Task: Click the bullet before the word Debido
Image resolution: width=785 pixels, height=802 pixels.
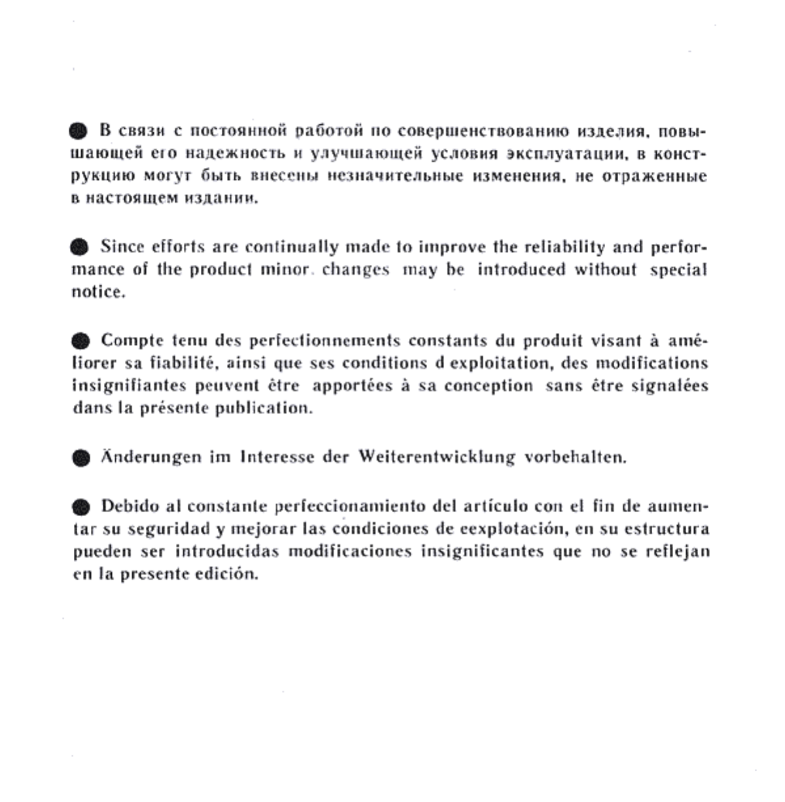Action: pyautogui.click(x=80, y=507)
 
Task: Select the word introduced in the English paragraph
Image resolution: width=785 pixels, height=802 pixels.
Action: pyautogui.click(x=521, y=270)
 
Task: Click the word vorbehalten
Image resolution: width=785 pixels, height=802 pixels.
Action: pyautogui.click(x=576, y=457)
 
